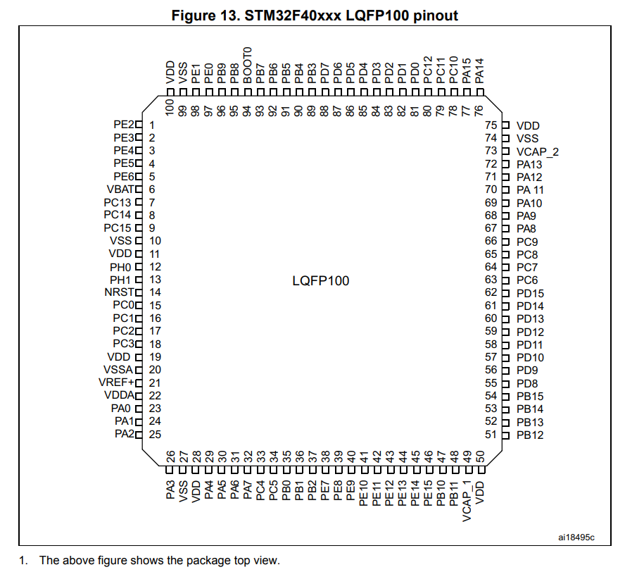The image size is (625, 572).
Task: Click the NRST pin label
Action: point(118,292)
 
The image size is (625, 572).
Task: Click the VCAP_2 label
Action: point(537,151)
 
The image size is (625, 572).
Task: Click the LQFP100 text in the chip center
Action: point(320,281)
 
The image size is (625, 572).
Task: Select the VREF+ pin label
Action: point(115,383)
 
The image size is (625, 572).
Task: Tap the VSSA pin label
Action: point(118,370)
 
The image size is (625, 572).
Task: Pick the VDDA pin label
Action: point(118,395)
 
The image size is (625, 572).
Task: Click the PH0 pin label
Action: point(120,266)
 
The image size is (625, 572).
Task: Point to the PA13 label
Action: point(529,164)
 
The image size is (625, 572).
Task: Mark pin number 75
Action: point(492,125)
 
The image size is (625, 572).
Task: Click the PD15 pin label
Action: point(529,293)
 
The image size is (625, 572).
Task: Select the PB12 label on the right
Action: point(529,435)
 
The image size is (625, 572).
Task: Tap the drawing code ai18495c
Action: point(576,538)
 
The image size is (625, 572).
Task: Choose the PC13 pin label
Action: point(118,202)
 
